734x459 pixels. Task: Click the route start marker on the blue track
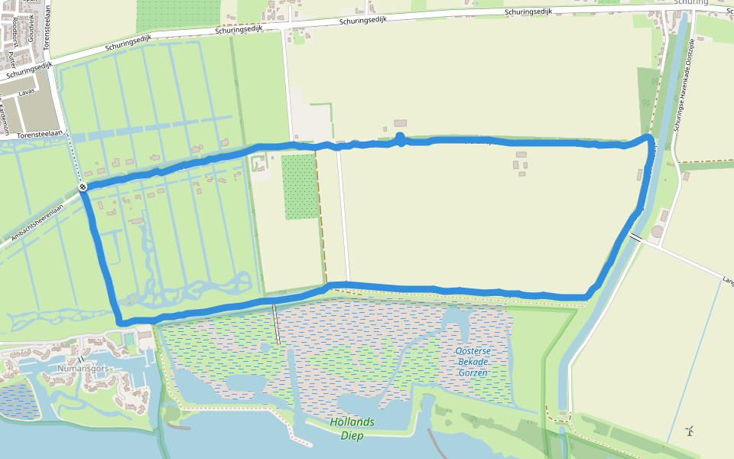82,187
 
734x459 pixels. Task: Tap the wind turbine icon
690,431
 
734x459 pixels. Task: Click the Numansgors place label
83,369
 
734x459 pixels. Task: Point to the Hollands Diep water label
352,428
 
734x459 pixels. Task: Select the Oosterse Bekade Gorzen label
473,362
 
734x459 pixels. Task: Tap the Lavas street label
27,92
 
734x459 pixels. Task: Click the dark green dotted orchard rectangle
300,186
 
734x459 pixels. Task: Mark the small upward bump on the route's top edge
400,138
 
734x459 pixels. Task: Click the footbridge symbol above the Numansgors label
80,359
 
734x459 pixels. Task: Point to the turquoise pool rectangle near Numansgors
130,337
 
